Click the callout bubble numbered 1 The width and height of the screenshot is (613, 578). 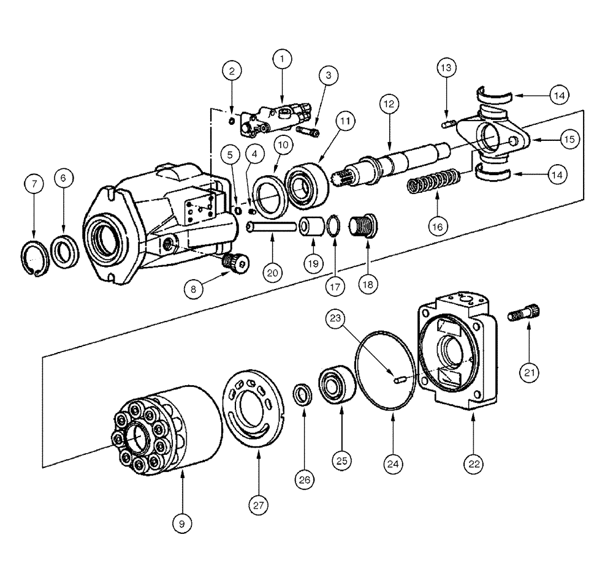281,59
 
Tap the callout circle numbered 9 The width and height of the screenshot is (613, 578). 182,523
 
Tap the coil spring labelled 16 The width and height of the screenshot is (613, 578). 436,181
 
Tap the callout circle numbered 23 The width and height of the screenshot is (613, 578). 337,318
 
